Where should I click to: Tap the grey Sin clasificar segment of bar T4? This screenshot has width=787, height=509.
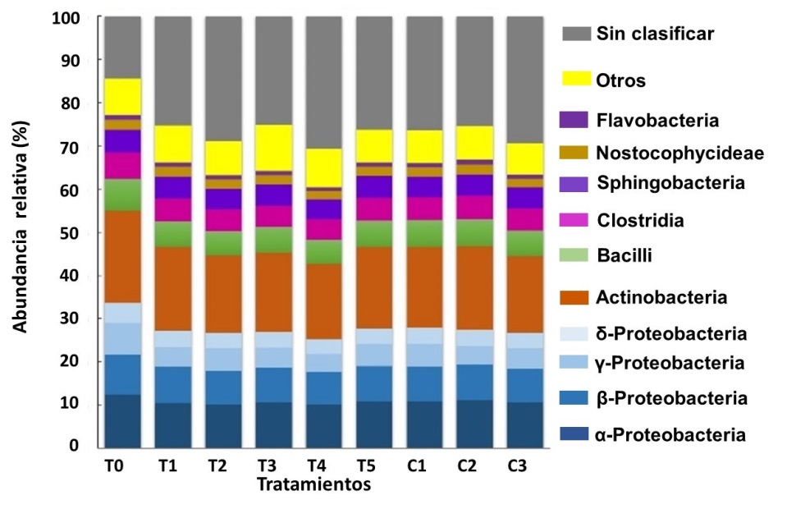click(x=323, y=82)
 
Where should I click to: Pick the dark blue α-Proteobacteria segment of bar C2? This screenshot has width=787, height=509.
click(x=474, y=424)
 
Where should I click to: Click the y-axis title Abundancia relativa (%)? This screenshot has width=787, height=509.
click(x=20, y=232)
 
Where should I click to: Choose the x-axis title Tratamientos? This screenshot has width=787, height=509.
click(x=314, y=484)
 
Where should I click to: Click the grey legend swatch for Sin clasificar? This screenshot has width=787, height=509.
click(x=577, y=34)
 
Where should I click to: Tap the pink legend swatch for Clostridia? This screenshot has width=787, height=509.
click(x=577, y=220)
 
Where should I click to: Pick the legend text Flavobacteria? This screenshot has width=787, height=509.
click(x=658, y=121)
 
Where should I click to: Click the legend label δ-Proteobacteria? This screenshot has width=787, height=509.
click(x=671, y=333)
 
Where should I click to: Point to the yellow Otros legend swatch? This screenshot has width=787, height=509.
click(x=577, y=80)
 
